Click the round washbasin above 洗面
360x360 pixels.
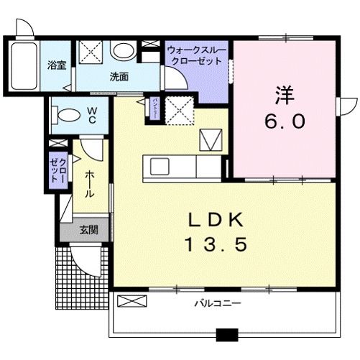click(124, 51)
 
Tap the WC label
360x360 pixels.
click(93, 115)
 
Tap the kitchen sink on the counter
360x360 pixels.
click(160, 167)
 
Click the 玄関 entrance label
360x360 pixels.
click(88, 231)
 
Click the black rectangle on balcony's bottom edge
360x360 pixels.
click(227, 333)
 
